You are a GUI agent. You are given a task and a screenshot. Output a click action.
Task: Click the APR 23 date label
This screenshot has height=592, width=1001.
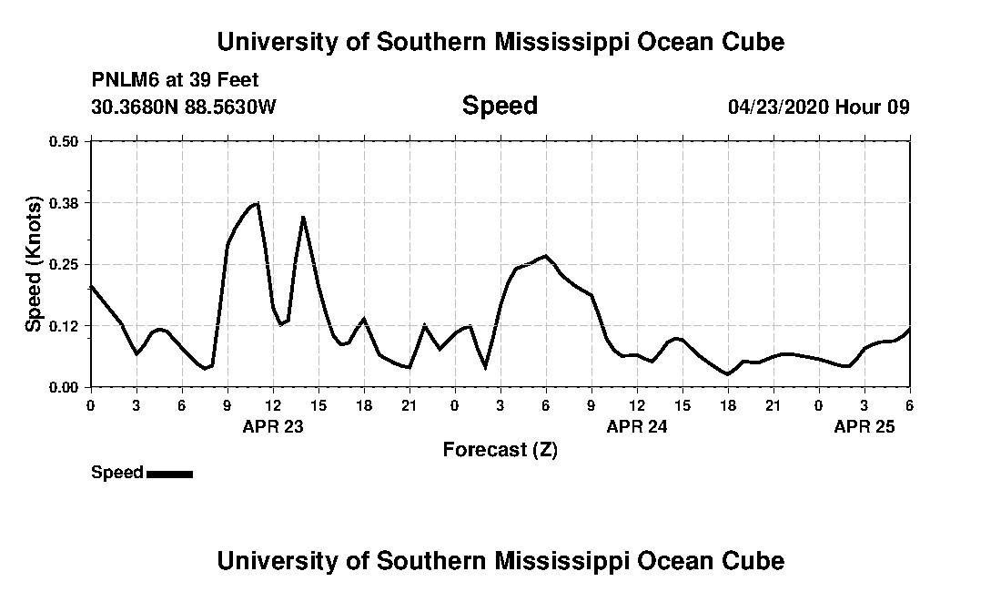(x=273, y=425)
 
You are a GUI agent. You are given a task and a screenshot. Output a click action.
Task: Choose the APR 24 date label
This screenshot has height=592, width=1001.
(x=637, y=425)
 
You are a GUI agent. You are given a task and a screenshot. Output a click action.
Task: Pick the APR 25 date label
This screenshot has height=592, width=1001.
(x=864, y=425)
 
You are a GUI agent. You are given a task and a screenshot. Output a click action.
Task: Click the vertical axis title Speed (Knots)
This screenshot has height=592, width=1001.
(x=34, y=263)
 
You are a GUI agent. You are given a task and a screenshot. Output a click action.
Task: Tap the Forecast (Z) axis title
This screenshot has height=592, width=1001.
(x=500, y=449)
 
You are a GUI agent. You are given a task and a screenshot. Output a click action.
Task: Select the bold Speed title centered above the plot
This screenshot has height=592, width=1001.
(x=500, y=106)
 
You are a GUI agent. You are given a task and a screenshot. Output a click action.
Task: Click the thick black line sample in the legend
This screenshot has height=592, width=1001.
(x=169, y=474)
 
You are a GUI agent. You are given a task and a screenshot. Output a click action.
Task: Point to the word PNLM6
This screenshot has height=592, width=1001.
(x=123, y=80)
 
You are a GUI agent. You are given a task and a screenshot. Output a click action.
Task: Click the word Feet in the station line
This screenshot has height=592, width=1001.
(x=238, y=80)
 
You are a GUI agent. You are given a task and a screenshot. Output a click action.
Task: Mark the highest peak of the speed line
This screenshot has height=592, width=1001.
(x=258, y=203)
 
